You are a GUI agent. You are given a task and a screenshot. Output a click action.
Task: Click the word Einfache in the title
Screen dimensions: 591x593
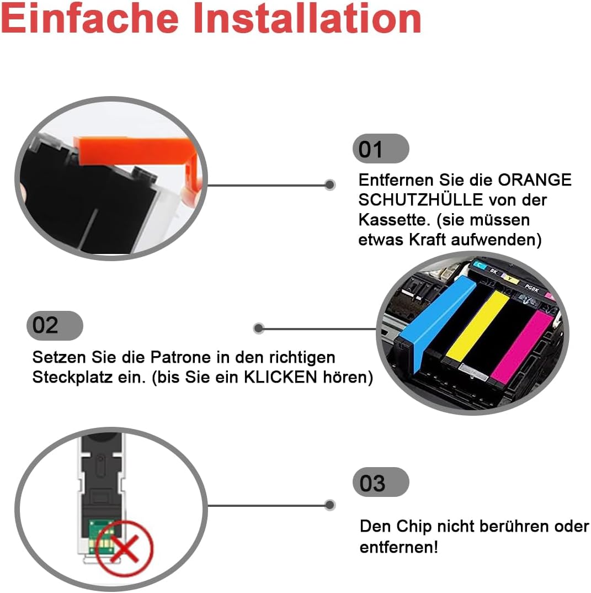(90, 19)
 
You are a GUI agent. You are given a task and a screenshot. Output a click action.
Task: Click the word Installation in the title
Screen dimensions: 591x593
(307, 19)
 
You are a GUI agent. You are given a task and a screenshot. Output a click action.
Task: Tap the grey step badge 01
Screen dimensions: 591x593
(381, 149)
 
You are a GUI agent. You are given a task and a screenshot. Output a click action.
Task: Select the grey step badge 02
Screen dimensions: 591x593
(55, 325)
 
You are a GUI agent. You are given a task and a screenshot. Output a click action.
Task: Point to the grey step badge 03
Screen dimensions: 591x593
(381, 482)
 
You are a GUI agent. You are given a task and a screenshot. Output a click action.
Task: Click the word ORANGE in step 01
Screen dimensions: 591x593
(534, 180)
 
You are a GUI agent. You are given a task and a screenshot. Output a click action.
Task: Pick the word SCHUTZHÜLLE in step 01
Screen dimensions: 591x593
(420, 200)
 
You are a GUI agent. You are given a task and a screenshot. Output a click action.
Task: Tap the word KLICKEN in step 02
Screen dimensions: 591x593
(281, 377)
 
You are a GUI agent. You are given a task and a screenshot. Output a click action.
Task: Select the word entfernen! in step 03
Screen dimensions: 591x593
(398, 547)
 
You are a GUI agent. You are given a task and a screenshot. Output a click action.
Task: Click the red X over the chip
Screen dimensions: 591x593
(125, 548)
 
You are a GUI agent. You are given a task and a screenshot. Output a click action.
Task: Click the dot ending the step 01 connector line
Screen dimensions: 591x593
(330, 184)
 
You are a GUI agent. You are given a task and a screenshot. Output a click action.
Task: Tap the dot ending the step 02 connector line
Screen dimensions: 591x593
(258, 328)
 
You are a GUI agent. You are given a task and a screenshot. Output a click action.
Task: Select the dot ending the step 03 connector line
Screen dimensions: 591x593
(330, 505)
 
